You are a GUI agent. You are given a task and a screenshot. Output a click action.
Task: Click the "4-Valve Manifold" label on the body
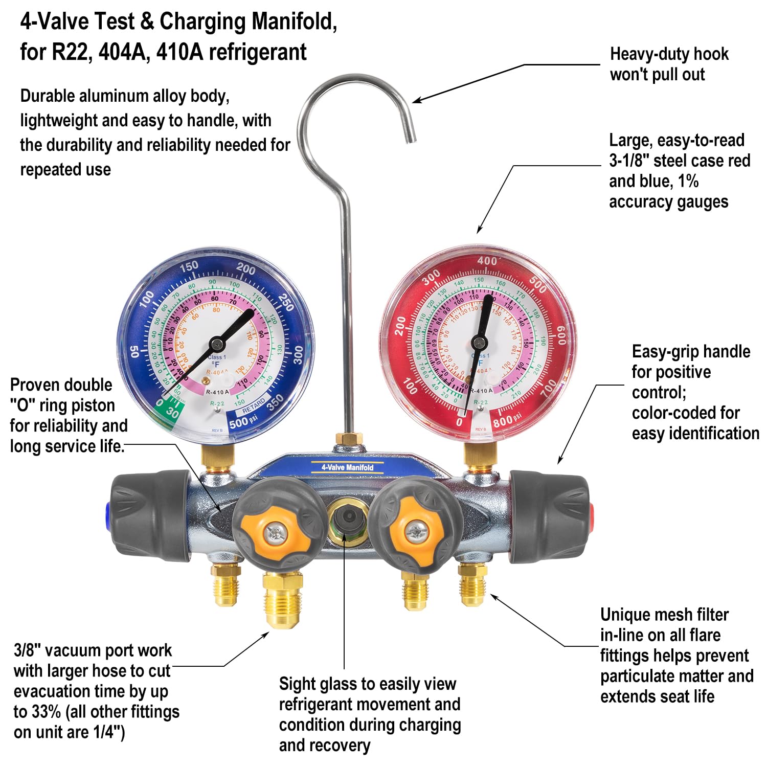[x=347, y=467]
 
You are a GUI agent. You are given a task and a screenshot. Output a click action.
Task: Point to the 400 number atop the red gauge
[x=487, y=261]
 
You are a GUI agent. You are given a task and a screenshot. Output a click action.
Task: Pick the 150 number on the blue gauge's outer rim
[x=189, y=266]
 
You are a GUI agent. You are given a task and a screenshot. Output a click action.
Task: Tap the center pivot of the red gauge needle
[x=479, y=342]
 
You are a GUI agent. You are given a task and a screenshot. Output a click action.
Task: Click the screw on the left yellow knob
[x=277, y=533]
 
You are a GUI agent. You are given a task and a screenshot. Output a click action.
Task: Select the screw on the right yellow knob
[x=415, y=531]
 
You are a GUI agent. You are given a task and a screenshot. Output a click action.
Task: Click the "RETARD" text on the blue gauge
[x=254, y=407]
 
